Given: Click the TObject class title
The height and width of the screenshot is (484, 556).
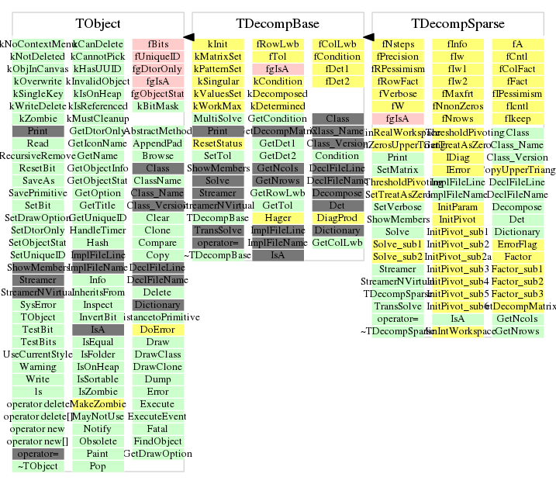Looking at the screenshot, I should click(98, 24).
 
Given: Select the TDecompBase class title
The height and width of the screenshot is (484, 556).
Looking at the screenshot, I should click(278, 24).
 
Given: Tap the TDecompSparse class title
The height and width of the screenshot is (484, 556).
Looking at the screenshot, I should click(458, 24).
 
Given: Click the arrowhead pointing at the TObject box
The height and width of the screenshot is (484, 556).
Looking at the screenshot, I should click(188, 36).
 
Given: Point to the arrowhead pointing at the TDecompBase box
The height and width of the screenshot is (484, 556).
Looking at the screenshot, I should click(368, 36).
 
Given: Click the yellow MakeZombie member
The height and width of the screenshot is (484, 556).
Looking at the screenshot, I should click(98, 404).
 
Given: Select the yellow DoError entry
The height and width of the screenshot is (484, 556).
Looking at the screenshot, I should click(157, 330).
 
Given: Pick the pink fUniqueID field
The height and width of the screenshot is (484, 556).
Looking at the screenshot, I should click(157, 57).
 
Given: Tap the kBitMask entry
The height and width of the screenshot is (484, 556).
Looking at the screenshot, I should click(157, 106).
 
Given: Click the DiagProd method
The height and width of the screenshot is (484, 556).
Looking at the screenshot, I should click(337, 218).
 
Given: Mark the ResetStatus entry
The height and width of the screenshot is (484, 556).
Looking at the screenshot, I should click(218, 143).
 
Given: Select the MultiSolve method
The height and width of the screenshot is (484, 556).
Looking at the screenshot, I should click(218, 119).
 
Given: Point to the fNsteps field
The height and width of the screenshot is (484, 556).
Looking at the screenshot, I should click(397, 44).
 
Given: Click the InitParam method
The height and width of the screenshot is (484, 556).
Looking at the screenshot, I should click(458, 207).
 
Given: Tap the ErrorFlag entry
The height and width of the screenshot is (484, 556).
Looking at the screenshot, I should click(517, 244).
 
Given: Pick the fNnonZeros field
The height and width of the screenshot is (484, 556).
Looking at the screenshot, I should click(458, 106).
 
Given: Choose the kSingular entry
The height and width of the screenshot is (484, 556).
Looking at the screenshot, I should click(218, 81).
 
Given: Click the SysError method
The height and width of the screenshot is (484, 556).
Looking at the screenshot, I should click(38, 305).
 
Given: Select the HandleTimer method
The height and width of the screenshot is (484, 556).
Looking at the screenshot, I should click(98, 230).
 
